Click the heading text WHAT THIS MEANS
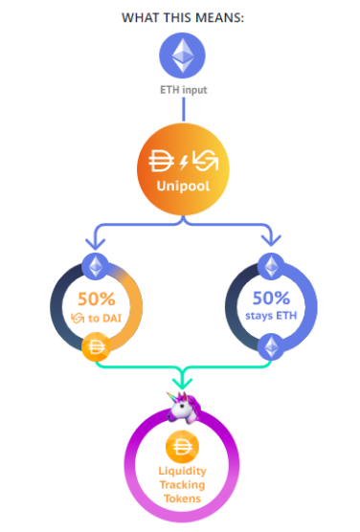[x=183, y=17]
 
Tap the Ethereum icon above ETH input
[x=182, y=55]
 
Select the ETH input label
[x=184, y=90]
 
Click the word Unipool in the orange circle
[x=183, y=186]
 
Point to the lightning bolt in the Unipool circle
[x=184, y=162]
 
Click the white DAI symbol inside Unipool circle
[x=161, y=161]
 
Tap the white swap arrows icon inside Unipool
[x=205, y=161]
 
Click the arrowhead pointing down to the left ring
[x=96, y=243]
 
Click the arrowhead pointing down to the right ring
[x=271, y=239]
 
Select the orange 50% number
[x=97, y=299]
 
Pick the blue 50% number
[x=271, y=299]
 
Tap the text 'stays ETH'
[x=271, y=316]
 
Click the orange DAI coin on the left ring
[x=96, y=346]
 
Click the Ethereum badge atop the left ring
[x=96, y=266]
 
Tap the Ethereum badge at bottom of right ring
[x=271, y=346]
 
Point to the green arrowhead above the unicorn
[x=182, y=384]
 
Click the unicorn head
[x=184, y=408]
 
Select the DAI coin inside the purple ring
[x=182, y=447]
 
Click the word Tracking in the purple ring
[x=182, y=485]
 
